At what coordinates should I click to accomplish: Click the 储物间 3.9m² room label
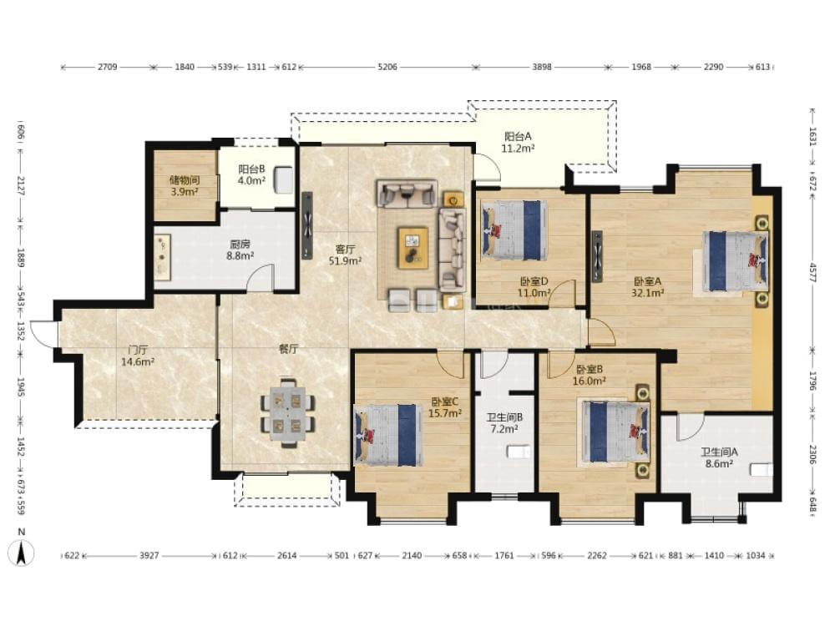(185, 186)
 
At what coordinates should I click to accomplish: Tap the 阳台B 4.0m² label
(252, 174)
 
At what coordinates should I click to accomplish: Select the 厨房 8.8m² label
(240, 250)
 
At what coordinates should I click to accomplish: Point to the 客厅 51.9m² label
(346, 255)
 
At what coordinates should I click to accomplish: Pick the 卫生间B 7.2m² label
(504, 422)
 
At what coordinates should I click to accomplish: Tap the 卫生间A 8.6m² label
(719, 457)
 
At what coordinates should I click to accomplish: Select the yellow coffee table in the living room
(412, 247)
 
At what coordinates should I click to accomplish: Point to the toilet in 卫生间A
(761, 470)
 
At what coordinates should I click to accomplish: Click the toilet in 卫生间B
(519, 452)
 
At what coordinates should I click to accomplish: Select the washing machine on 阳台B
(283, 179)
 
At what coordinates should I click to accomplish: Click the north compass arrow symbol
(22, 553)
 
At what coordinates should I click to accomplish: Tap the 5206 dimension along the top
(387, 67)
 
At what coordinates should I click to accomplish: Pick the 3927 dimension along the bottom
(149, 556)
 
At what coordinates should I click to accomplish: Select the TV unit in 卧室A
(597, 256)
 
